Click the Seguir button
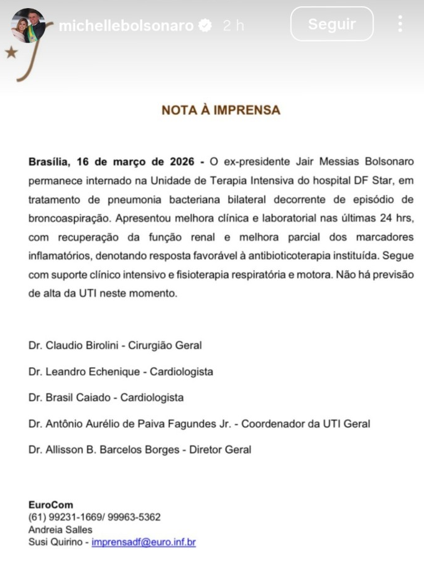332,24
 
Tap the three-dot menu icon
400,24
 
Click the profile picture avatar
28,25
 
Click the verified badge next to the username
205,25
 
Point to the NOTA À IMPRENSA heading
221,111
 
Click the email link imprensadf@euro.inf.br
144,542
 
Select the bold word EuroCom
50,505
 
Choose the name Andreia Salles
60,530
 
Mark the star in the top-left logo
11,52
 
